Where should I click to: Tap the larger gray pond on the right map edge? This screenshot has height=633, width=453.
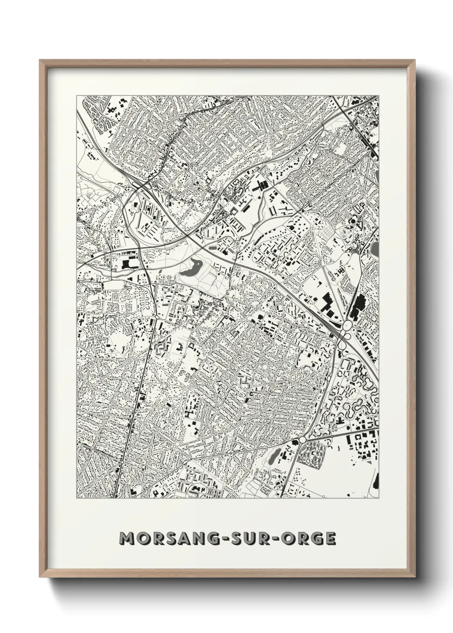376,248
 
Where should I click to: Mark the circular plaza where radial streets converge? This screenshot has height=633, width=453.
265,367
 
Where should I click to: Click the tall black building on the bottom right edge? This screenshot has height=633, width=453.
376,481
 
